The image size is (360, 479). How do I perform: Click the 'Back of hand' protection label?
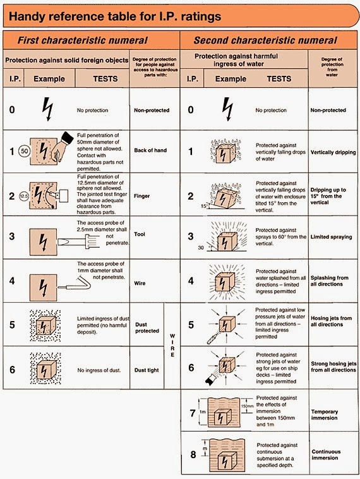tap(150, 151)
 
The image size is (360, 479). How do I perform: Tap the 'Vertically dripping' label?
tap(333, 153)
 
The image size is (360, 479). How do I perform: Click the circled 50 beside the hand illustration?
tap(25, 152)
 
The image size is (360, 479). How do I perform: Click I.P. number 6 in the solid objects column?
tap(12, 370)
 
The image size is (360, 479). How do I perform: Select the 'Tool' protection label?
tap(140, 234)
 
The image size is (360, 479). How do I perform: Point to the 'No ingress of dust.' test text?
tap(98, 370)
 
